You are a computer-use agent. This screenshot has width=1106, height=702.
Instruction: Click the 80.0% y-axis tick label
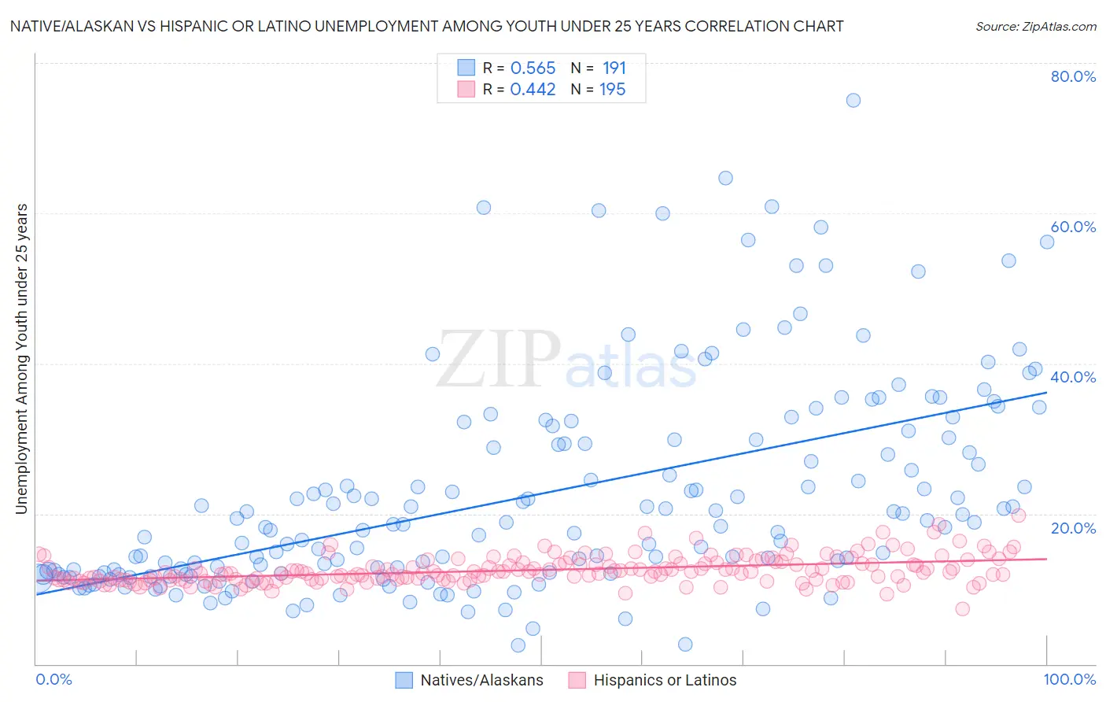1073,76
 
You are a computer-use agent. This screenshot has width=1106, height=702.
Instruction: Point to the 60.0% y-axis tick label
1073,227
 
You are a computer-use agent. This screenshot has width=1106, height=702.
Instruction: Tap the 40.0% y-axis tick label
1073,377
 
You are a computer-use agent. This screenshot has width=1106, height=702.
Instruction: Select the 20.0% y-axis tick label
1073,527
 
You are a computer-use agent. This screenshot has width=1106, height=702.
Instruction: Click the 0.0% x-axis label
53,680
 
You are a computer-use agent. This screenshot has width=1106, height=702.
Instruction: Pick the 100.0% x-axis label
1070,680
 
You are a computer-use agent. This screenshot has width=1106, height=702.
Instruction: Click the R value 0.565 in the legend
533,68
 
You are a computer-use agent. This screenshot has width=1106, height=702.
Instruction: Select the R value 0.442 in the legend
533,90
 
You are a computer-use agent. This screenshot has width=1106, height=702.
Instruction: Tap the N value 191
614,68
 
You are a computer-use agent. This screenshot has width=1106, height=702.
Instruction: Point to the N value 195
612,90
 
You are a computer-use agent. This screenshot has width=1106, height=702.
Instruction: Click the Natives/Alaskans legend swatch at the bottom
404,681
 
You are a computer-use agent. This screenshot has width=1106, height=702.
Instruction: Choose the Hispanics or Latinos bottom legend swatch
577,681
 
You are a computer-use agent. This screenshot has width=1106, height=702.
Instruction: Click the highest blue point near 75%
853,100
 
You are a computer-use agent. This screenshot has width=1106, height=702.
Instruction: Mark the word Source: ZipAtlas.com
1035,27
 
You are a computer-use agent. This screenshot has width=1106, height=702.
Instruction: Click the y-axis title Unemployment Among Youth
22,359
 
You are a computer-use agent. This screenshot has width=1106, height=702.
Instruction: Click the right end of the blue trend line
1046,392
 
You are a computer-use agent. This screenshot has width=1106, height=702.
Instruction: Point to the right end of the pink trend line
1046,558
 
